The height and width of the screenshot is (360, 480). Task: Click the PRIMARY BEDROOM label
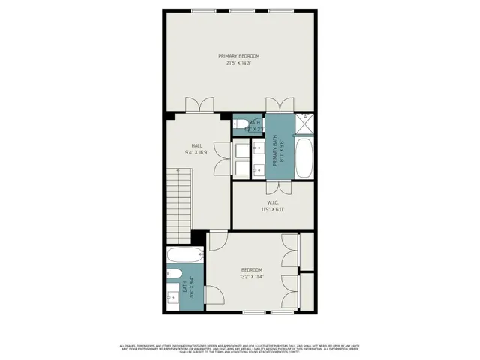[x=239, y=56]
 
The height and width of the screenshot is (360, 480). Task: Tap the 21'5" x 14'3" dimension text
[x=239, y=63]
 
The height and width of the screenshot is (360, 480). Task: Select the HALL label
[x=196, y=145]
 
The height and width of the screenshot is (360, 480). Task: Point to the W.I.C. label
[x=274, y=202]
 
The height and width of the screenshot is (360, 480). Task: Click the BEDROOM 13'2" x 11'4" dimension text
[x=252, y=277]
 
